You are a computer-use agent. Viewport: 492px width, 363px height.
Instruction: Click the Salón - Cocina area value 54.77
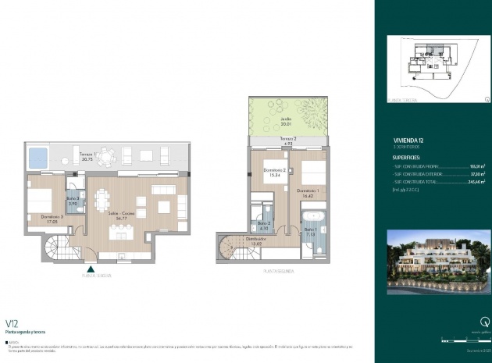[x=119, y=219]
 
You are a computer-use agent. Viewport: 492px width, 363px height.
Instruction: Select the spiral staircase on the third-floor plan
[x=56, y=252]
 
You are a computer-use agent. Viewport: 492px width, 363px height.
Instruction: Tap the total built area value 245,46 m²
[x=475, y=180]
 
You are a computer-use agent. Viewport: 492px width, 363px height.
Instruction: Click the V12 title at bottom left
[x=12, y=322]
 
